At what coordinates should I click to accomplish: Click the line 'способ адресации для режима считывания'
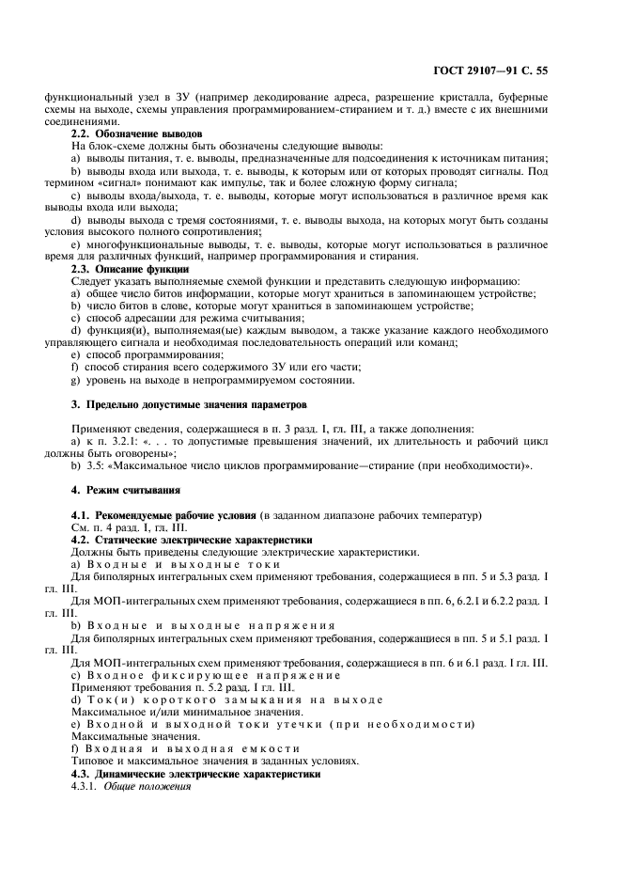[195, 319]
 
